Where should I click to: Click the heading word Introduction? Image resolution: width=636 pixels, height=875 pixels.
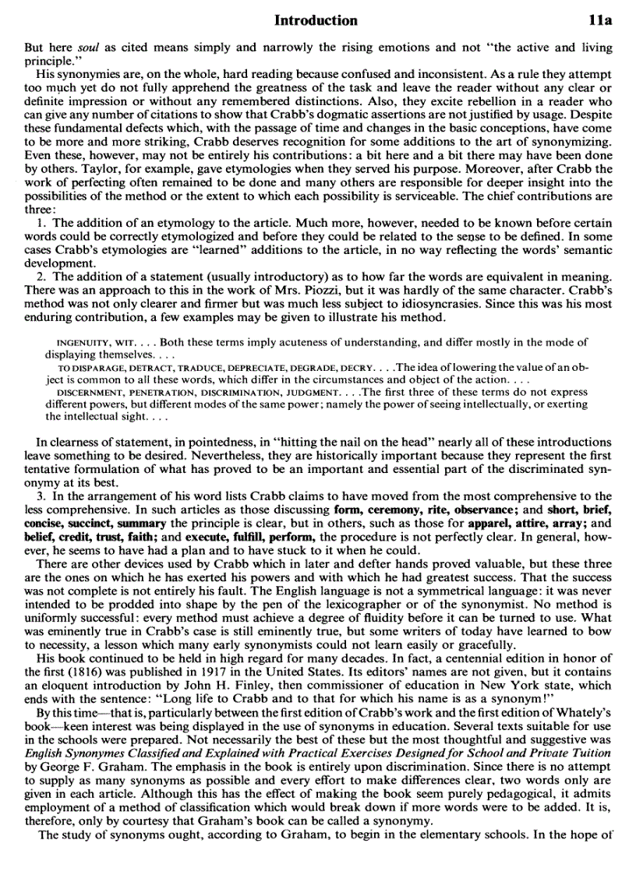[316, 21]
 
